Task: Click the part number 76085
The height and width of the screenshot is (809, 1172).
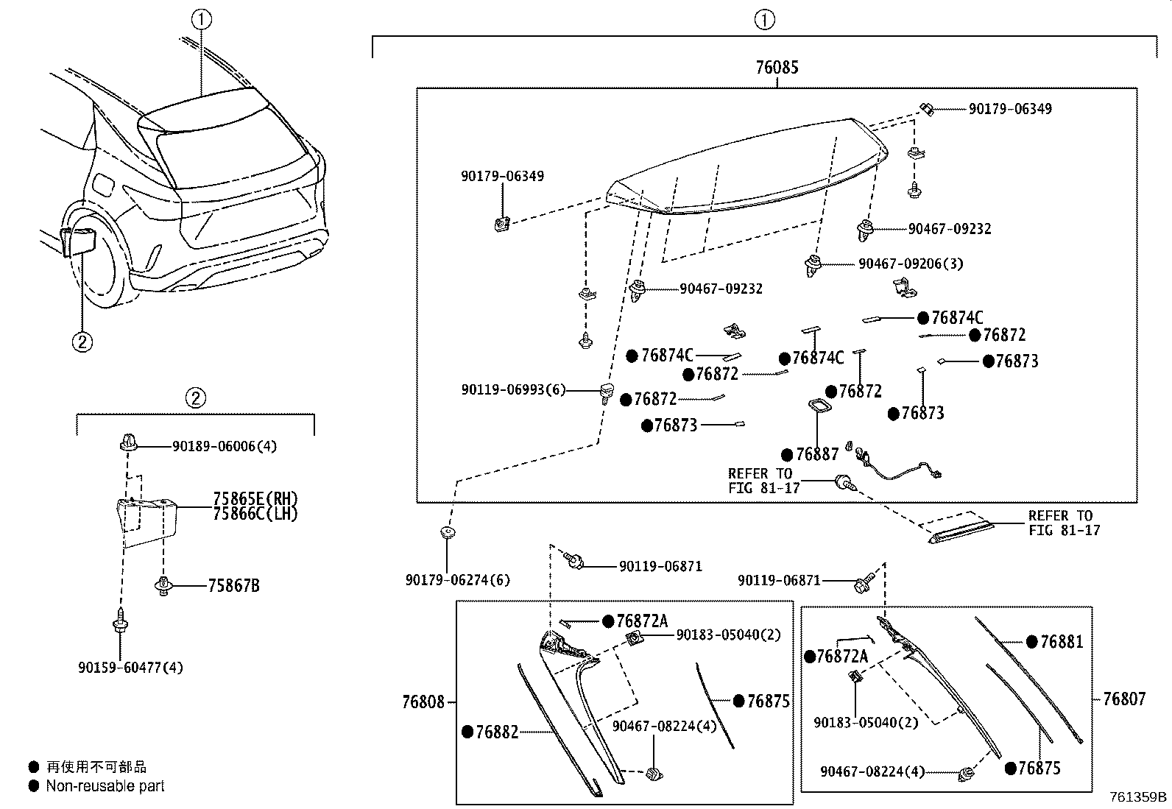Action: point(776,68)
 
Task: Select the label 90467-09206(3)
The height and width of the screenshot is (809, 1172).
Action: point(910,264)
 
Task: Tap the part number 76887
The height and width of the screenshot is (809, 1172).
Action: point(817,455)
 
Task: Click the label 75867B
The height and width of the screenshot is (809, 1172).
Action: point(233,587)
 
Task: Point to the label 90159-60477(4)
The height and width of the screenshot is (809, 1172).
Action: point(130,668)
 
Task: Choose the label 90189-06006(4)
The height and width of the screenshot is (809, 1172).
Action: point(225,446)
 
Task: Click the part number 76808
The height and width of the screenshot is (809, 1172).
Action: point(423,702)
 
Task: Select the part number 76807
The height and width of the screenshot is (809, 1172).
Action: point(1123,699)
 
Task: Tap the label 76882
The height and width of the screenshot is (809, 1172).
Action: point(497,732)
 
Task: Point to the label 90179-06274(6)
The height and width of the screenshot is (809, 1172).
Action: point(457,580)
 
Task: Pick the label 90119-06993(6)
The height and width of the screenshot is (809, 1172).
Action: point(514,390)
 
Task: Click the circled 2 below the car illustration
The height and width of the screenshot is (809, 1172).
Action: point(82,341)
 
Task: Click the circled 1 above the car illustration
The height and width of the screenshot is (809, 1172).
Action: point(200,20)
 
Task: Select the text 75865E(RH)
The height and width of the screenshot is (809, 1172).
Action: point(255,499)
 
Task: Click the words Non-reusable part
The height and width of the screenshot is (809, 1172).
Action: point(105,786)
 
